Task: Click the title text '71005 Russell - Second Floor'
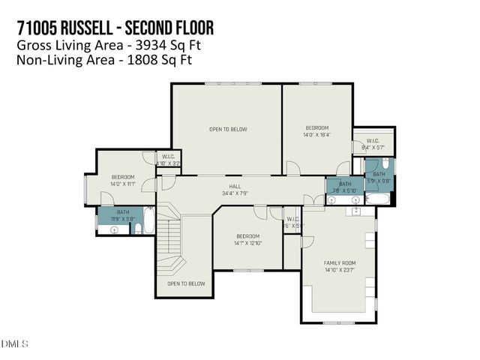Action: coord(115,28)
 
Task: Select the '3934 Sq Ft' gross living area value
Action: coord(166,45)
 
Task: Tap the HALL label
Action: coord(235,187)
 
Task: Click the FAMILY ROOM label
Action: coord(339,262)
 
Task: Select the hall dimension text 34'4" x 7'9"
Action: coord(235,193)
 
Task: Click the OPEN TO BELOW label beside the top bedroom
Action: coord(227,129)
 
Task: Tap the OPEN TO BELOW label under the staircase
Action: coord(185,283)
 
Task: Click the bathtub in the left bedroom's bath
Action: coord(149,220)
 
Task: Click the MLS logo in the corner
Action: coord(15,344)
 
